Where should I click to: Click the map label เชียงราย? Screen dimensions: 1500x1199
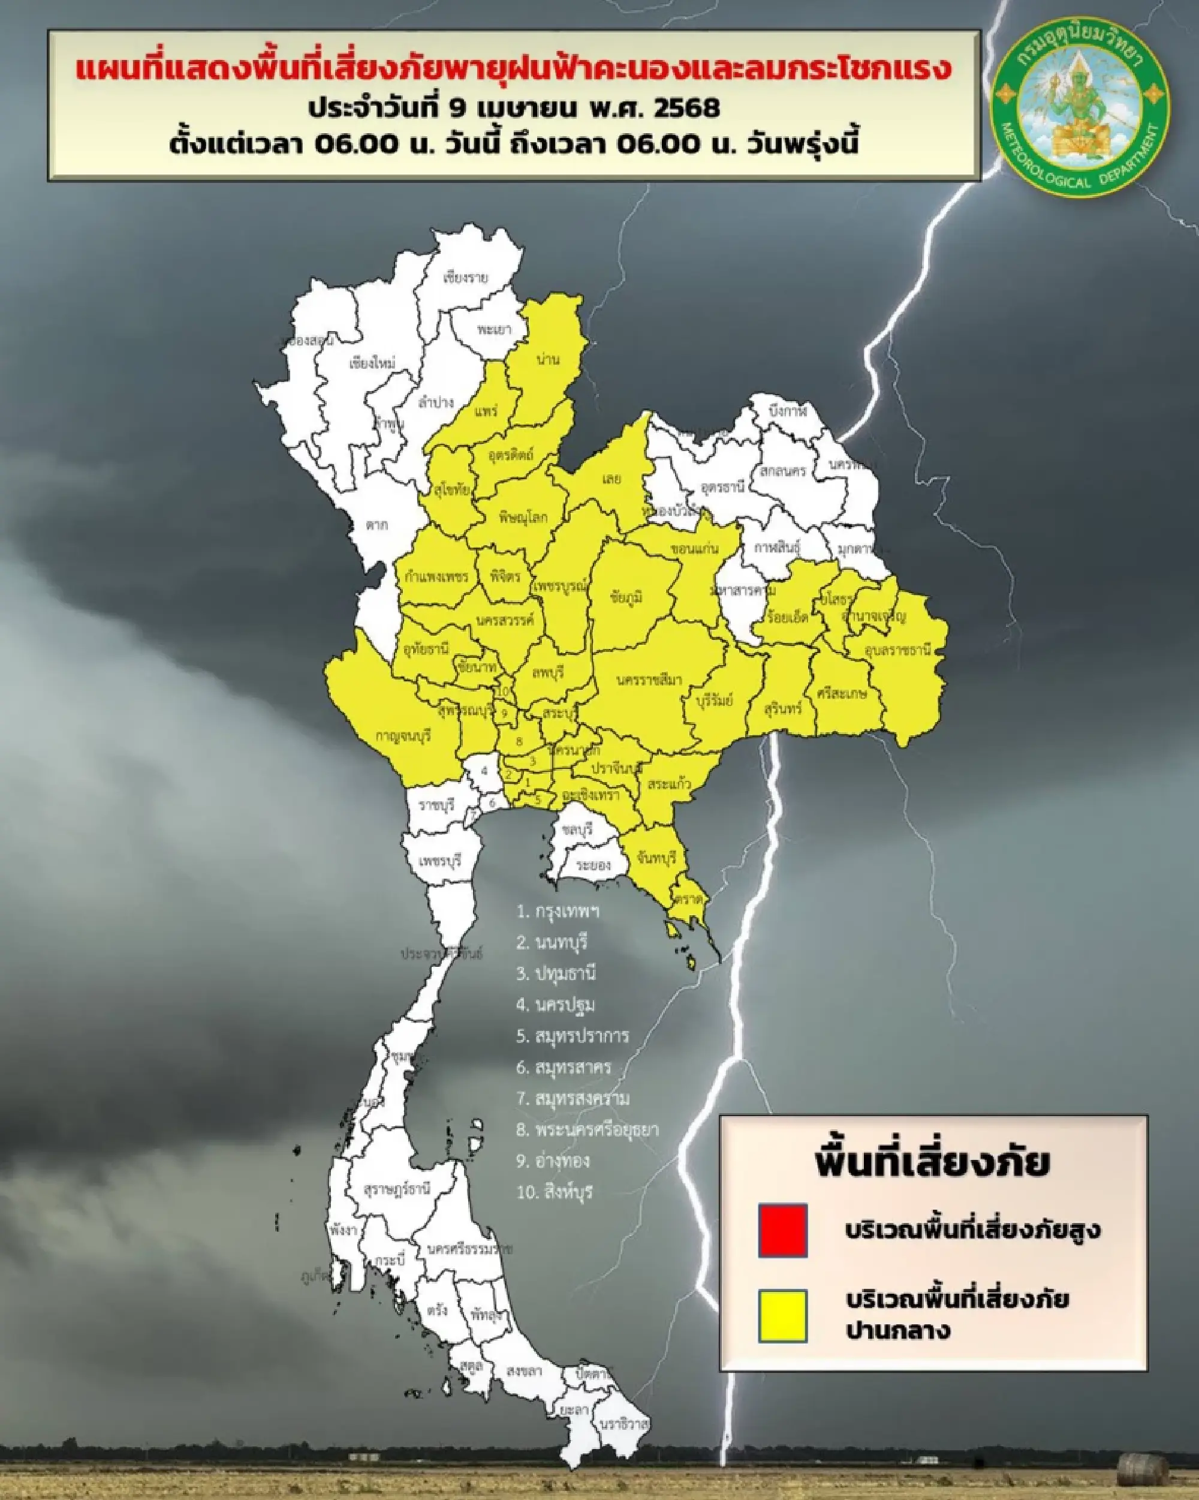click(465, 278)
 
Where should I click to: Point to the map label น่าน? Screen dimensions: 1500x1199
click(549, 359)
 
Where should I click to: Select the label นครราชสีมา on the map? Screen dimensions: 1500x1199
click(649, 680)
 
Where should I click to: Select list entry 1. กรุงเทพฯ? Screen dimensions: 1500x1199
click(558, 912)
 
